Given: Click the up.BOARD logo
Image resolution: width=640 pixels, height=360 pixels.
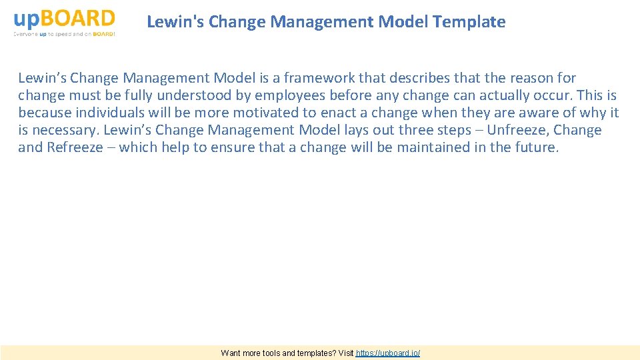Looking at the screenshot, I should pyautogui.click(x=64, y=17).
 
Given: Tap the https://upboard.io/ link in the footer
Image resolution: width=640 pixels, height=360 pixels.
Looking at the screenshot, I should pyautogui.click(x=388, y=353).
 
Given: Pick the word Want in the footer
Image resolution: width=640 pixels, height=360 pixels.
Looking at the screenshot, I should pyautogui.click(x=231, y=353).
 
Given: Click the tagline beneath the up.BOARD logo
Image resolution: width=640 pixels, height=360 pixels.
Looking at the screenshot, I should pyautogui.click(x=64, y=34).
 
